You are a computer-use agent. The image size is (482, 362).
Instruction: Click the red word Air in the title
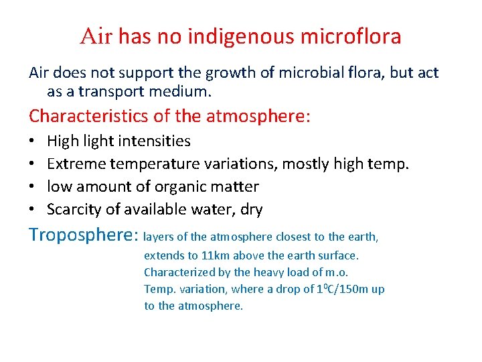click(97, 36)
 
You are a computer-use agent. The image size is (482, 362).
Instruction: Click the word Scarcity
click(73, 209)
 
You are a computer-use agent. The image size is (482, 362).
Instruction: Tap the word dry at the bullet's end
click(251, 209)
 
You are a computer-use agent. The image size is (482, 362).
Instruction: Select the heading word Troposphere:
click(83, 235)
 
